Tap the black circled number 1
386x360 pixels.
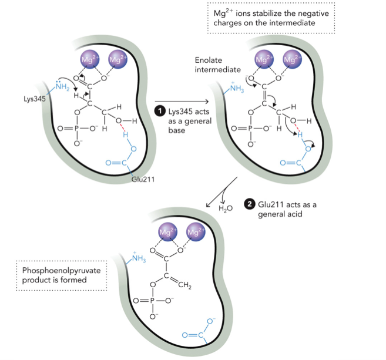click(159, 110)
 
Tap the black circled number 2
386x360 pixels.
click(250, 204)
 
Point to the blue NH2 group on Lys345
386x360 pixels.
click(60, 88)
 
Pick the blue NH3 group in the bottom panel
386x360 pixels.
click(137, 257)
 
